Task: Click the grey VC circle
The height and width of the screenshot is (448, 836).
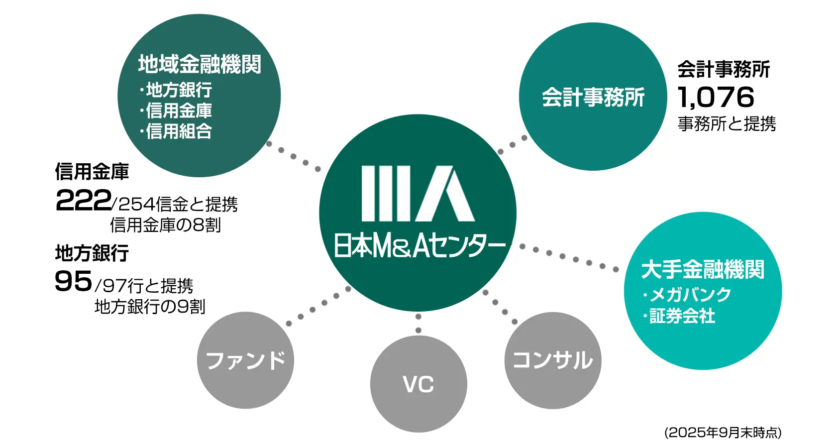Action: (x=418, y=384)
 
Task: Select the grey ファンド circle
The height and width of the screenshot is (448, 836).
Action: (x=245, y=360)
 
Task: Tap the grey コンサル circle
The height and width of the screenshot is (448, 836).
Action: (x=552, y=360)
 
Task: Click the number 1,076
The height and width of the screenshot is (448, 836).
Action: (x=716, y=97)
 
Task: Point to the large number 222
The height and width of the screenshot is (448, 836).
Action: (x=83, y=201)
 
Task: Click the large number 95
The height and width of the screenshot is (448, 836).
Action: (x=74, y=281)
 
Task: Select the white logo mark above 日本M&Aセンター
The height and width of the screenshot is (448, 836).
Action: (x=418, y=194)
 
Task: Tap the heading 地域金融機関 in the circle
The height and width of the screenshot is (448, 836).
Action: (x=200, y=64)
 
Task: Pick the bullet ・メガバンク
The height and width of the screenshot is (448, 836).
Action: (x=687, y=295)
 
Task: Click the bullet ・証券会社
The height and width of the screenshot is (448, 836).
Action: (x=679, y=316)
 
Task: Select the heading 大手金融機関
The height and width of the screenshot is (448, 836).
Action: (x=702, y=269)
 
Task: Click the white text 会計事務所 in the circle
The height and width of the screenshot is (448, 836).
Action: (x=593, y=97)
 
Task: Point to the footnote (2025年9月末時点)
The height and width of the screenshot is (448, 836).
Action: (x=723, y=432)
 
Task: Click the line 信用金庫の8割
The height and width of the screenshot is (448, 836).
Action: (x=165, y=225)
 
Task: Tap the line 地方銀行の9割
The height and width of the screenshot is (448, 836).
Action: (x=150, y=307)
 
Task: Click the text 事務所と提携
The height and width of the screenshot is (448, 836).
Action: (x=727, y=123)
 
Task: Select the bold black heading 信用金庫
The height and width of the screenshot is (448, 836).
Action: (x=92, y=172)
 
